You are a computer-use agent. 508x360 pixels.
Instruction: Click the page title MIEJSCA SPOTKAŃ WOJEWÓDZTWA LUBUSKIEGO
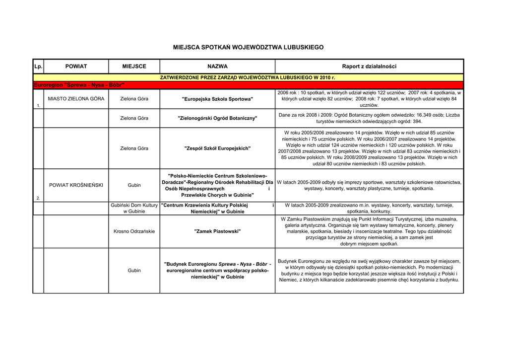pyautogui.click(x=248, y=47)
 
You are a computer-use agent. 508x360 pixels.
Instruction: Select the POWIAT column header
pyautogui.click(x=76, y=66)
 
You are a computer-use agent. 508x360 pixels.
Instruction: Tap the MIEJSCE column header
pyautogui.click(x=134, y=66)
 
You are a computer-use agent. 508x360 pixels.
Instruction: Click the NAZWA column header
pyautogui.click(x=217, y=66)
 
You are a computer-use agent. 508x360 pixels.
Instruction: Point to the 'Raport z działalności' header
pyautogui.click(x=369, y=66)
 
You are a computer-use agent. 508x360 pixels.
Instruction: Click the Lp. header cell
pyautogui.click(x=38, y=66)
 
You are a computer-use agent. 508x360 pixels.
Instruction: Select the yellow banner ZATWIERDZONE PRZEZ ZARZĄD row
pyautogui.click(x=248, y=77)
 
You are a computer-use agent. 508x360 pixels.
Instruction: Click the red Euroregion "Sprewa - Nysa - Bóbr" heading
pyautogui.click(x=78, y=85)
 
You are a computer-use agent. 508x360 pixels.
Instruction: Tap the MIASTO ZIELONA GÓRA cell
pyautogui.click(x=76, y=99)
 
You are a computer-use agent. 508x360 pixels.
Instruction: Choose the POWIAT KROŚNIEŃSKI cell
pyautogui.click(x=76, y=185)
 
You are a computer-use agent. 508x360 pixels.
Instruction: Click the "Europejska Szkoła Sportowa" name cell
pyautogui.click(x=217, y=99)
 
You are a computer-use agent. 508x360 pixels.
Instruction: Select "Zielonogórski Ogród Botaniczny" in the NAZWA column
pyautogui.click(x=217, y=118)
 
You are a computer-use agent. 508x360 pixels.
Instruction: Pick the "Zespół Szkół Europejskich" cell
pyautogui.click(x=217, y=148)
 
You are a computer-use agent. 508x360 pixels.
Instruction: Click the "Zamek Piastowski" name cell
pyautogui.click(x=217, y=231)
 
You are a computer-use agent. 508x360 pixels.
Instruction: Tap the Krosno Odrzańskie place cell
pyautogui.click(x=134, y=231)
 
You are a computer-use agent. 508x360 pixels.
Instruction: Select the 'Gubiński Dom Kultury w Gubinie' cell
pyautogui.click(x=134, y=208)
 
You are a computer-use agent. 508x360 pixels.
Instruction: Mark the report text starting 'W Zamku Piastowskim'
pyautogui.click(x=369, y=231)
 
